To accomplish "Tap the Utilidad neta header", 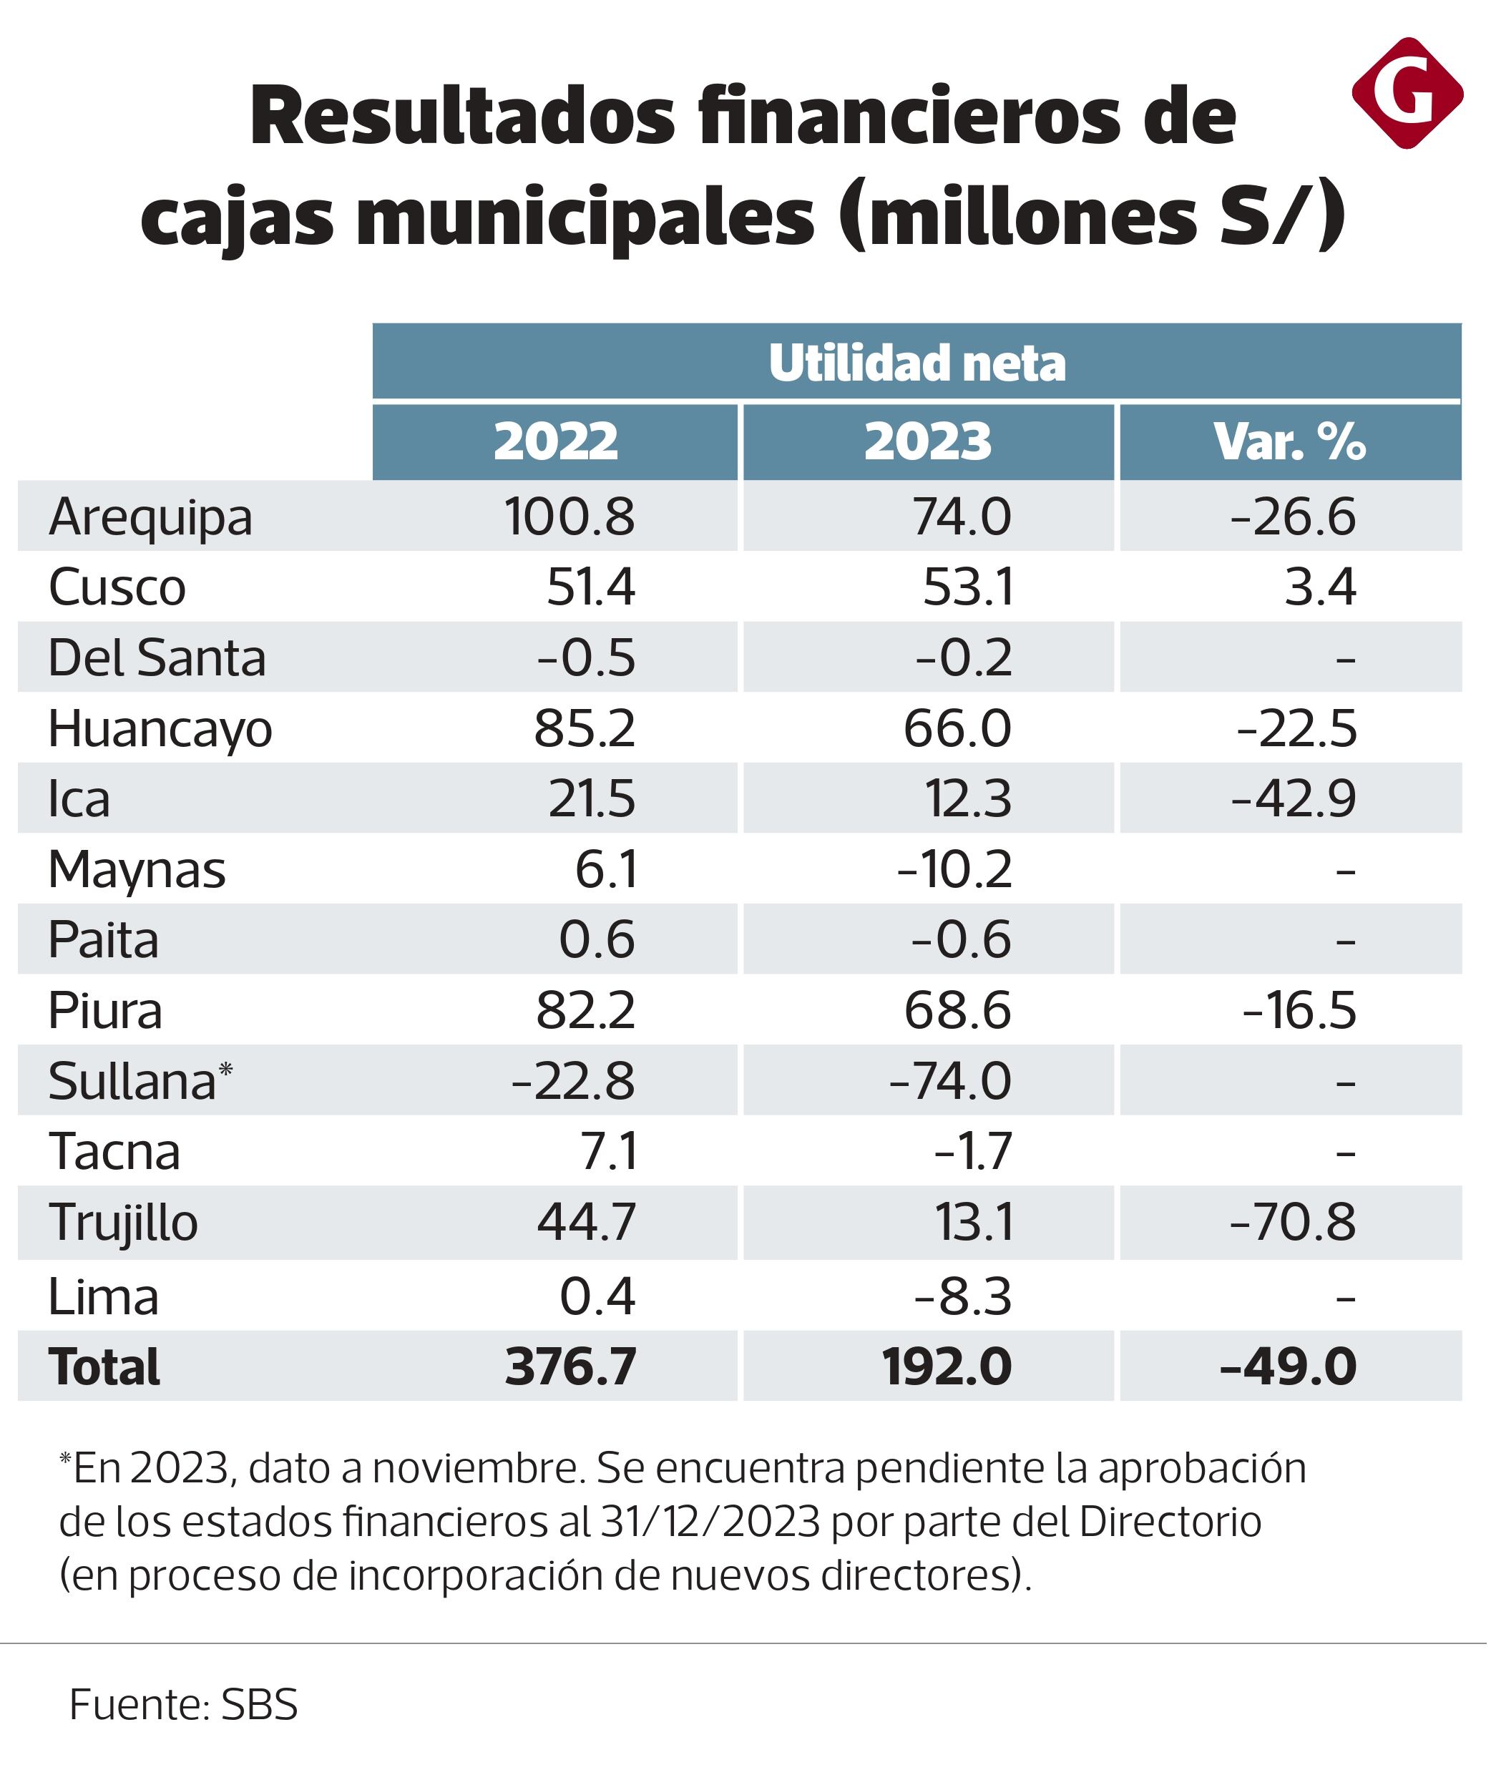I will coord(918,363).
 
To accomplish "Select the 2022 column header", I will coord(557,441).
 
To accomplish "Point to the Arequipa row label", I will coord(151,517).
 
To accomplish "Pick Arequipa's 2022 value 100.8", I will coord(569,517).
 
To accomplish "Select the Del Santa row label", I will coord(157,657).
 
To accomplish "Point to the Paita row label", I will coord(104,940).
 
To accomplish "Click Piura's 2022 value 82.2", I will coord(587,1010).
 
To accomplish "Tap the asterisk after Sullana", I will coord(225,1070).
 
